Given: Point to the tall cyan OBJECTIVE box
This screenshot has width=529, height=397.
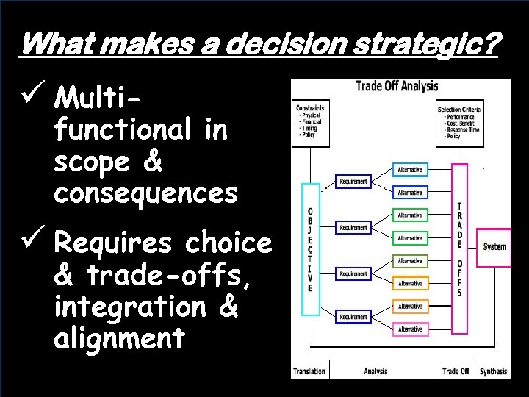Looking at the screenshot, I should point(310,249).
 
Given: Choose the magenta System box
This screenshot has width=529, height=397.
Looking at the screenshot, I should point(494,247).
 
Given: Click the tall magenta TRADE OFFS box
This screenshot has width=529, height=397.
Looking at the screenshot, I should point(459,249).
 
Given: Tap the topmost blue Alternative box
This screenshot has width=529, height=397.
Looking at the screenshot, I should point(410,170).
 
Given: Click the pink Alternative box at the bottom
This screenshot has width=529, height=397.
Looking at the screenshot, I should point(410,329).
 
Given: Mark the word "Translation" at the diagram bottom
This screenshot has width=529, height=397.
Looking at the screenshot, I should point(309,371).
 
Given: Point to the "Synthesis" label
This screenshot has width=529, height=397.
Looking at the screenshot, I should point(494,371).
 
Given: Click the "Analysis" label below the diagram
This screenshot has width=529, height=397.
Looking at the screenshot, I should point(375,371).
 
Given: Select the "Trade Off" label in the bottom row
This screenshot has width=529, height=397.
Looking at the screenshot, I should point(456,371).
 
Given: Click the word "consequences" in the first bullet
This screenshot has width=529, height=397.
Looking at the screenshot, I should point(145,193).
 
